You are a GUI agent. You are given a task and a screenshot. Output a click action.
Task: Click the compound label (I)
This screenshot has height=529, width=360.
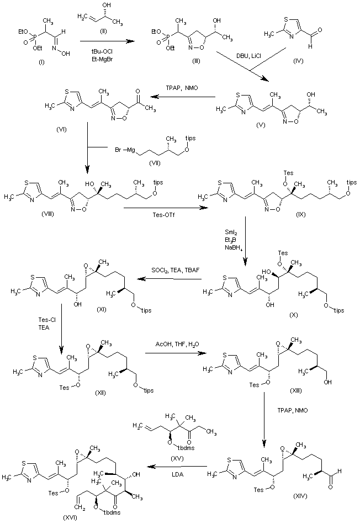(41, 62)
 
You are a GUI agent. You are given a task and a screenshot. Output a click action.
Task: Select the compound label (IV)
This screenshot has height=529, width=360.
(298, 61)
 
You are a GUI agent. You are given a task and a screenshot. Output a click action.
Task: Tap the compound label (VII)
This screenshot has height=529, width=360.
(154, 162)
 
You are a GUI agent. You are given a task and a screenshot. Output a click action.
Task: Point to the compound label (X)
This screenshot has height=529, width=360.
(294, 315)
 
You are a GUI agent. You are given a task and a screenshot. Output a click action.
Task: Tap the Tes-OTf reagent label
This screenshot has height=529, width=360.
(165, 215)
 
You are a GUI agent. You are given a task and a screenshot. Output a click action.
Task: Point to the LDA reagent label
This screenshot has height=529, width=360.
(177, 474)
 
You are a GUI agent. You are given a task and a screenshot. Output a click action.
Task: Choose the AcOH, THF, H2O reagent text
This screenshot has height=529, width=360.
(177, 344)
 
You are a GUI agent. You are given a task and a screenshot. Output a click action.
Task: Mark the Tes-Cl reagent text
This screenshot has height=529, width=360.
(44, 320)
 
